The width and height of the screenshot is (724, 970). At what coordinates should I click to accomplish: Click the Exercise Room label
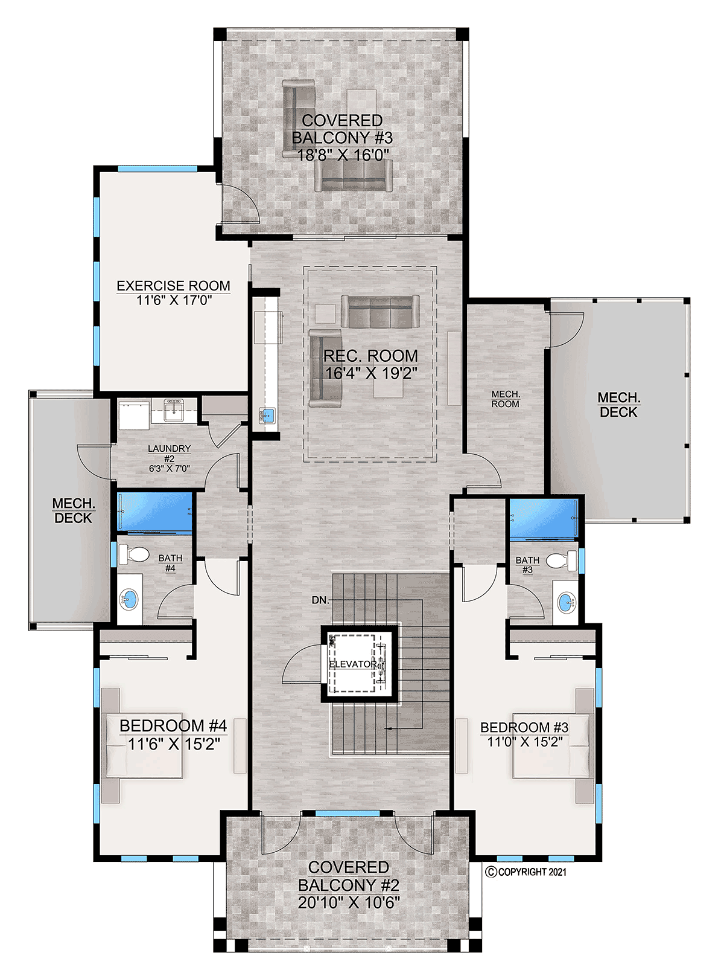click(173, 286)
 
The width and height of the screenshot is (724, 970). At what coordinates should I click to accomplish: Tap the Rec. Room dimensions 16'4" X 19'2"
click(370, 373)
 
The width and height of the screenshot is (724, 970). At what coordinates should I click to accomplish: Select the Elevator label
click(353, 664)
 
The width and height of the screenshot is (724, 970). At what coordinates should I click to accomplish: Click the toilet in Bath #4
click(134, 554)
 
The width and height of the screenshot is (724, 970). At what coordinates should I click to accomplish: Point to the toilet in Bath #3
click(561, 560)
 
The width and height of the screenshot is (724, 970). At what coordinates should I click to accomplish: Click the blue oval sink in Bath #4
click(129, 600)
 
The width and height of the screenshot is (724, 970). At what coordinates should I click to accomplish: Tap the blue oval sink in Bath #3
click(567, 603)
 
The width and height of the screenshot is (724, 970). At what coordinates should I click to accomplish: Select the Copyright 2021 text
click(526, 872)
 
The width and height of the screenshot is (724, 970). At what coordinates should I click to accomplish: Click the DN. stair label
click(320, 600)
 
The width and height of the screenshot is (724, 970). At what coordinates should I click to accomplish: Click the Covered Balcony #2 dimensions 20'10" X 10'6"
click(349, 902)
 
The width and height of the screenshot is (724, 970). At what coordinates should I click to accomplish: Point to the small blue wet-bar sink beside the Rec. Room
click(267, 416)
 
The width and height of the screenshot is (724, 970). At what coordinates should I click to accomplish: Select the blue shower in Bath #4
click(154, 512)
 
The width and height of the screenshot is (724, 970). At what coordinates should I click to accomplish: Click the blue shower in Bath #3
click(544, 519)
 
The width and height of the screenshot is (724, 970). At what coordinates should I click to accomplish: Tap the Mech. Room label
click(506, 399)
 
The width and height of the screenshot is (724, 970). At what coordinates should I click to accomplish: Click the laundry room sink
click(174, 410)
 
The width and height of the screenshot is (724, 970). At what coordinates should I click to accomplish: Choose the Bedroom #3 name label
click(524, 727)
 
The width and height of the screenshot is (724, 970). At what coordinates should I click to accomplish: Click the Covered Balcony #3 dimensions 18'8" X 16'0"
click(343, 155)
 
